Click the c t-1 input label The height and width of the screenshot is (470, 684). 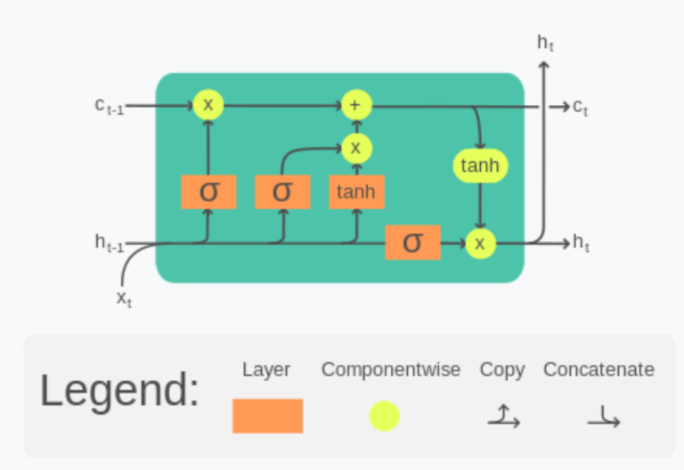110,105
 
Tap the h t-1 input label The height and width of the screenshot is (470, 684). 110,241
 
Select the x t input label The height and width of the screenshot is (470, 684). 124,297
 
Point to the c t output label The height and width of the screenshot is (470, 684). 581,107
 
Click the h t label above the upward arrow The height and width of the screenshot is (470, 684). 545,41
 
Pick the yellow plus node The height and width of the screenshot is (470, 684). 355,106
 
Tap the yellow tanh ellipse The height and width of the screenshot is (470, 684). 481,166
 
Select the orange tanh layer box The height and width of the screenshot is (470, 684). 356,191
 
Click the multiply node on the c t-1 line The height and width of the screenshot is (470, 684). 208,105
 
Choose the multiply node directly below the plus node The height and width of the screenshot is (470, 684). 356,148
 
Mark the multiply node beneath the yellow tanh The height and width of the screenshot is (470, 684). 481,243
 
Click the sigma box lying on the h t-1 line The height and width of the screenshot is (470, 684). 412,242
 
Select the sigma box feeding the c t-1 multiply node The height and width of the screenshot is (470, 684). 208,191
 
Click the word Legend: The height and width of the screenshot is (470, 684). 119,391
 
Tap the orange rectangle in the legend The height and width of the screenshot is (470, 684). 267,416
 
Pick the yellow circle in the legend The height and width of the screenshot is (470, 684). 384,416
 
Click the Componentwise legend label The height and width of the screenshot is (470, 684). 391,369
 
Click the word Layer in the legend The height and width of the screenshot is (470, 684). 266,369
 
